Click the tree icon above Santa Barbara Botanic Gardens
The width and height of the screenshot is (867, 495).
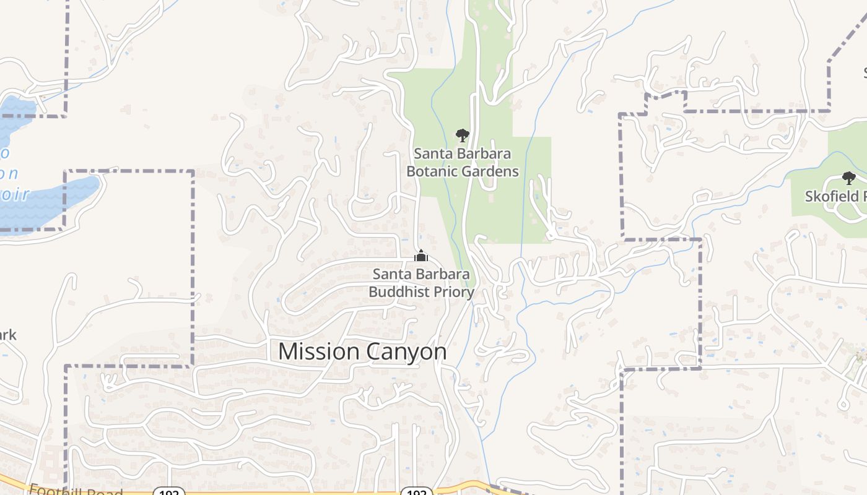pyautogui.click(x=462, y=135)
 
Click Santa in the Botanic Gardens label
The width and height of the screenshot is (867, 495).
pyautogui.click(x=433, y=153)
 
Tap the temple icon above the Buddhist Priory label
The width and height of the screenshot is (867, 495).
pyautogui.click(x=421, y=256)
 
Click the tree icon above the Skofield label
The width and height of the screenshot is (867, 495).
pyautogui.click(x=848, y=178)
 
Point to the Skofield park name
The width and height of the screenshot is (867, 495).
pyautogui.click(x=835, y=197)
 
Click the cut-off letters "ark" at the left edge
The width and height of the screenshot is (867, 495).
pyautogui.click(x=7, y=335)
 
